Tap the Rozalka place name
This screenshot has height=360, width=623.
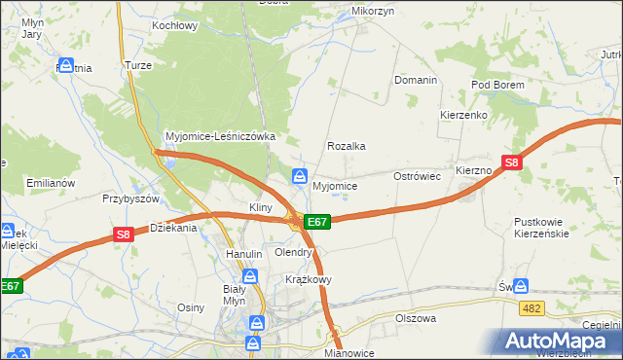[x=346, y=146]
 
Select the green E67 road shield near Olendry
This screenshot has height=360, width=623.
[x=318, y=222]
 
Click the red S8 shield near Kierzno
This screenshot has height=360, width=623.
[x=513, y=163]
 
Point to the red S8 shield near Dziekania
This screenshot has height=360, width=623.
[x=123, y=234]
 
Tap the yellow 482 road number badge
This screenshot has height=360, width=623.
[x=531, y=307]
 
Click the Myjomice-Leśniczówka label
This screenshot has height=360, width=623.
[x=222, y=136]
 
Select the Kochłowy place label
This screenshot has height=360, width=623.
[x=175, y=26]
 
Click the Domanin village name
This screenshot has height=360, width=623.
[x=415, y=80]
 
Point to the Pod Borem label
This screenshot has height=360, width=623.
[x=497, y=86]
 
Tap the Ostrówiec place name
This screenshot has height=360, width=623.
[x=418, y=176]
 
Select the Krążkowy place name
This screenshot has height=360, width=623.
[x=309, y=279]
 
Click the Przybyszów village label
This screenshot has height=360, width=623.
[x=129, y=198]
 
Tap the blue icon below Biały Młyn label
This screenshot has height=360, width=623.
[x=256, y=323]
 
